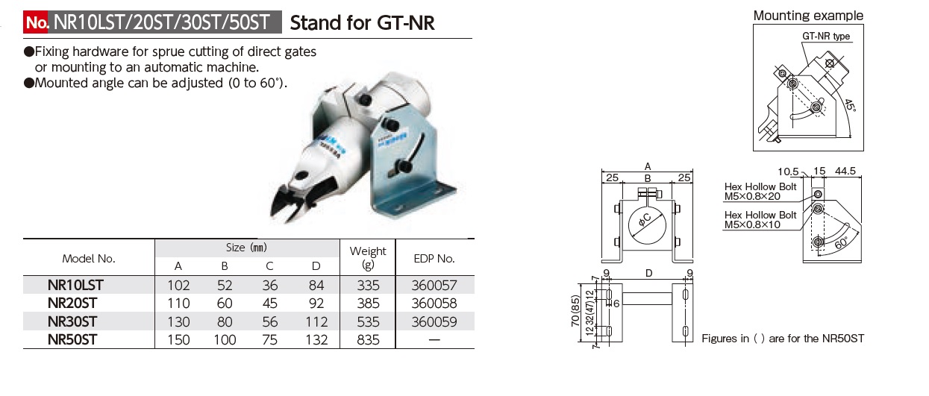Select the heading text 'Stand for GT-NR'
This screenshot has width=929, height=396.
click(x=362, y=23)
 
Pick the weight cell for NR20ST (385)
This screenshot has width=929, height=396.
click(x=368, y=304)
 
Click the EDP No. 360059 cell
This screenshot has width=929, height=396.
click(x=434, y=321)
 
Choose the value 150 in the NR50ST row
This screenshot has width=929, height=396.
click(x=178, y=340)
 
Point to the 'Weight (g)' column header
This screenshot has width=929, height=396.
click(x=368, y=258)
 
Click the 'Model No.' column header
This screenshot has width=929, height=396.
click(x=88, y=258)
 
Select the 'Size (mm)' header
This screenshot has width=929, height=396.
click(x=246, y=248)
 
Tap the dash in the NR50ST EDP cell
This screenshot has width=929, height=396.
click(x=434, y=340)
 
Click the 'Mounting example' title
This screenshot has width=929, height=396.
click(x=808, y=15)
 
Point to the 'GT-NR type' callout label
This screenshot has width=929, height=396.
click(x=826, y=36)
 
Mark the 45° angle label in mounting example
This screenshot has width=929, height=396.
click(x=851, y=108)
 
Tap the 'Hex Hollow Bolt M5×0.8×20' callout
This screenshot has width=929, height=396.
click(x=760, y=192)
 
